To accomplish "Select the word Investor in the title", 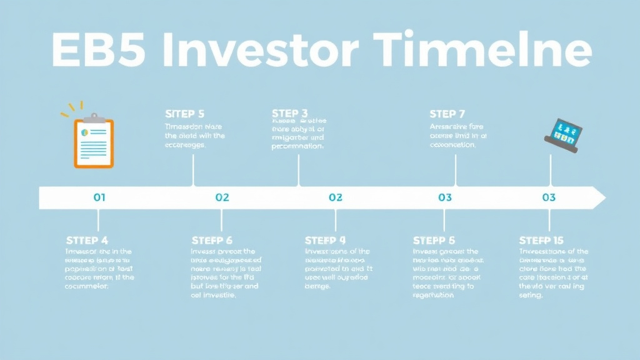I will coord(258,51).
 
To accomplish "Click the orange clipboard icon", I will coord(94,142).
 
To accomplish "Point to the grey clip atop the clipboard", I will coord(94,117).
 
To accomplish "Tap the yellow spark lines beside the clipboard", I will coord(70,111).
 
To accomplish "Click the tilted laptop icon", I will coord(564,134).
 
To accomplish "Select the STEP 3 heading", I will coord(290,113).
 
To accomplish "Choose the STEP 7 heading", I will coord(447,114).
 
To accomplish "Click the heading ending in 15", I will coord(541,241).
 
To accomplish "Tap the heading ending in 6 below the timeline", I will coord(212,241).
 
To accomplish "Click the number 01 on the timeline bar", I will coord(99,197).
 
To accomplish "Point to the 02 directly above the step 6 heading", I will coord(222,197).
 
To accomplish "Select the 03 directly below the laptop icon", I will coord(549,197).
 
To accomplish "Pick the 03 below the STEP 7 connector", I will coord(444,197).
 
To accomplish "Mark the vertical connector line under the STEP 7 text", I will coord(455,170).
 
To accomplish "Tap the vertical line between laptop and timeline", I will coord(550,170).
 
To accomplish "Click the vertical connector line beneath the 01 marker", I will coord(98,220).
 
